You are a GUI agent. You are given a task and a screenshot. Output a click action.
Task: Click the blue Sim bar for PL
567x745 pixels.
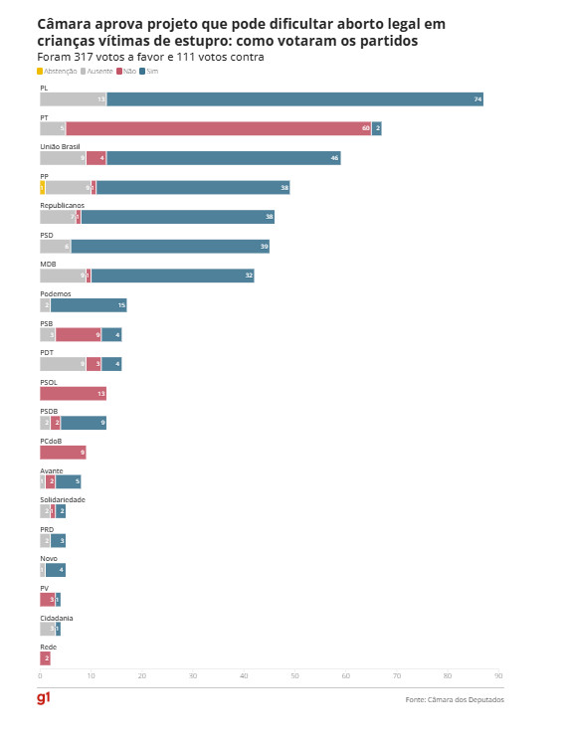coord(294,99)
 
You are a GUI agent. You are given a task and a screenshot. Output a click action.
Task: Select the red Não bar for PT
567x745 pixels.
coord(218,128)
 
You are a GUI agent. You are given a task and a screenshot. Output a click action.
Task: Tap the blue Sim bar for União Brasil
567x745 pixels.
coord(223,158)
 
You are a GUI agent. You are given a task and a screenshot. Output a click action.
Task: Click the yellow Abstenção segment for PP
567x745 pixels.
coord(43,187)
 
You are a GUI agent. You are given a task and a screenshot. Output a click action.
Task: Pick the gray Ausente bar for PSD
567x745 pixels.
coord(55,247)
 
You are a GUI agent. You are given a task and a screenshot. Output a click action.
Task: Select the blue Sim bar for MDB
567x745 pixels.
coord(172,276)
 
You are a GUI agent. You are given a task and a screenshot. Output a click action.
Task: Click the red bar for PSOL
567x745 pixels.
coord(73,394)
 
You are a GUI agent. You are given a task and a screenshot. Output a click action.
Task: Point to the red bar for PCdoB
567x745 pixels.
coord(63,453)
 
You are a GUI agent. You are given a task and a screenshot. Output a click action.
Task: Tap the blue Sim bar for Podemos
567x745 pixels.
coord(89,305)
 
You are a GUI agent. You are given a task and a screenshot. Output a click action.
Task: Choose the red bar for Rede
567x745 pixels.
coord(45,658)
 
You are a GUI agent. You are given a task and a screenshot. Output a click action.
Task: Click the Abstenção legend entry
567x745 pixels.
coord(56,72)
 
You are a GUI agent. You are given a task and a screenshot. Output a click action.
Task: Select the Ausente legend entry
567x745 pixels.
coord(97,72)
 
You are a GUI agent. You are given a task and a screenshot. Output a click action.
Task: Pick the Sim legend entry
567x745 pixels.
coord(149,72)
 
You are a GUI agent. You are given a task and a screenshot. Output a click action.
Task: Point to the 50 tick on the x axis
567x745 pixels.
coord(294,676)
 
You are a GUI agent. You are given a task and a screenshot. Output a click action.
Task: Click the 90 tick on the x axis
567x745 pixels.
coord(498,676)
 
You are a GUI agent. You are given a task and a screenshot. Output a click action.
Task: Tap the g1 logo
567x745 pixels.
coord(44,699)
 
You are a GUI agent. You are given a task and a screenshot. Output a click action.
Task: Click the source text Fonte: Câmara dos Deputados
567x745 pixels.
coord(455,700)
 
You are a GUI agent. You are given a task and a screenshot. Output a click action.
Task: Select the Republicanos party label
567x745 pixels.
coord(62,205)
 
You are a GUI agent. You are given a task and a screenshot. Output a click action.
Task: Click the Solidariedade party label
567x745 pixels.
coord(63,499)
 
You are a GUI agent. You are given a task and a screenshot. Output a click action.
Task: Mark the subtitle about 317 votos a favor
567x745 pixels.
coord(150,57)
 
